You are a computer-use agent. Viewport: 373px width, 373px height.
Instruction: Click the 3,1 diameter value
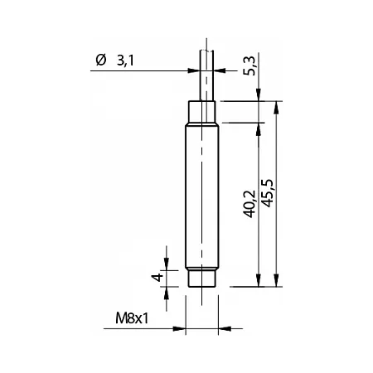[x=125, y=61]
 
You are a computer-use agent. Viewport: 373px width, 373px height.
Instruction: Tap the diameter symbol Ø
[x=101, y=60]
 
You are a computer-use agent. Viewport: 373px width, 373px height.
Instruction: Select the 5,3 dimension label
[x=250, y=65]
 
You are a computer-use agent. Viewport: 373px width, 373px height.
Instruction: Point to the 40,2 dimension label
[x=249, y=204]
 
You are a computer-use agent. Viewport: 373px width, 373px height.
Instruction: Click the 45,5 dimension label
[x=267, y=193]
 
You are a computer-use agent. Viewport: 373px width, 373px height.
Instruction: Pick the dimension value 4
[x=157, y=277]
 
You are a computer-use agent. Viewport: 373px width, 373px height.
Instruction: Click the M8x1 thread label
[x=132, y=318]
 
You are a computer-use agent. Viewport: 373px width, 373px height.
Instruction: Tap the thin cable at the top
[x=206, y=75]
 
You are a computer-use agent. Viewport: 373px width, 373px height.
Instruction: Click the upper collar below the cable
[x=202, y=112]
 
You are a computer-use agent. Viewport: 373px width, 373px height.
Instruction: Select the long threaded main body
[x=202, y=196]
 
